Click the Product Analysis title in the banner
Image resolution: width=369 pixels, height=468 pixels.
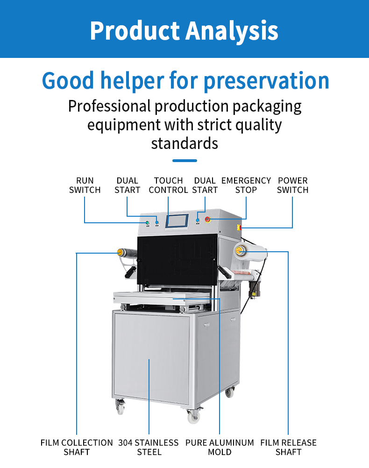coord(184,31)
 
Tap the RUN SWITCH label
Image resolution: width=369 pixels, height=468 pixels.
coord(85,185)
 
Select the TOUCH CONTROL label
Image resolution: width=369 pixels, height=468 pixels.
coord(168,185)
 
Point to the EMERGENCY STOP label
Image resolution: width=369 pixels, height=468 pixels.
coord(246,185)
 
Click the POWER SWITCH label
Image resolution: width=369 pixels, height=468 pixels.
coord(292,185)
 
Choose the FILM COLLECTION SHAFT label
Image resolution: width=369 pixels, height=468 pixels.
coord(77,447)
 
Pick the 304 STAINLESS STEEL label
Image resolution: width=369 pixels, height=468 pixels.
coord(149,447)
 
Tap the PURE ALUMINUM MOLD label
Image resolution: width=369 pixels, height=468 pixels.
coord(220,447)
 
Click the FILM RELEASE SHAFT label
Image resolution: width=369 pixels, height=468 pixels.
coord(288,447)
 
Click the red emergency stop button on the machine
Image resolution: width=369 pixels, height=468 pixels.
coord(208,220)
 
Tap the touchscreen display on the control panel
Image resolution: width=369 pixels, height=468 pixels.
coord(177,221)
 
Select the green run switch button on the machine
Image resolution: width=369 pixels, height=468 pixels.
coord(147,223)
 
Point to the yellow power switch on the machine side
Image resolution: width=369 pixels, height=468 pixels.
coord(239,227)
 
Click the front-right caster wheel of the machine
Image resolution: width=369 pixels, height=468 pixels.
coord(194,417)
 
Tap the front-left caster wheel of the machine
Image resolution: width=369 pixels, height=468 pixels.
coord(121,408)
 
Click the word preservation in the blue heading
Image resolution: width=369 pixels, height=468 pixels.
coord(266,81)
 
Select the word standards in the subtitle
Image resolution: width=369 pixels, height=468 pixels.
coord(184,143)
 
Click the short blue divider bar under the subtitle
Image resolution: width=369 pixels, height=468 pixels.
coord(184,161)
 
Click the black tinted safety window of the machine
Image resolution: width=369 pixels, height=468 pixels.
coord(177,260)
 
